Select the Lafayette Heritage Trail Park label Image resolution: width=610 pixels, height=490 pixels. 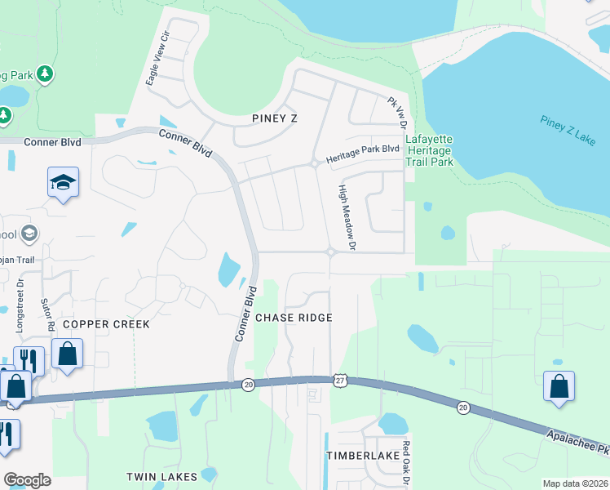(429, 150)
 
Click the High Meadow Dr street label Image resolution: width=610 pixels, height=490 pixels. (348, 216)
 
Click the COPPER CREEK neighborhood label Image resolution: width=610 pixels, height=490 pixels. (106, 324)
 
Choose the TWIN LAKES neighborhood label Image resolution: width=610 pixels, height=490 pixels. (161, 476)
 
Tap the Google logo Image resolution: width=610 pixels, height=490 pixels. (27, 480)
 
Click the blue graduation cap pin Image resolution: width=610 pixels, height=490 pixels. (63, 183)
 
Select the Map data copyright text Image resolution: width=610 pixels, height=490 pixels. (574, 483)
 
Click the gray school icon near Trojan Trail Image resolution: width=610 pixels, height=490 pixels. (30, 234)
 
